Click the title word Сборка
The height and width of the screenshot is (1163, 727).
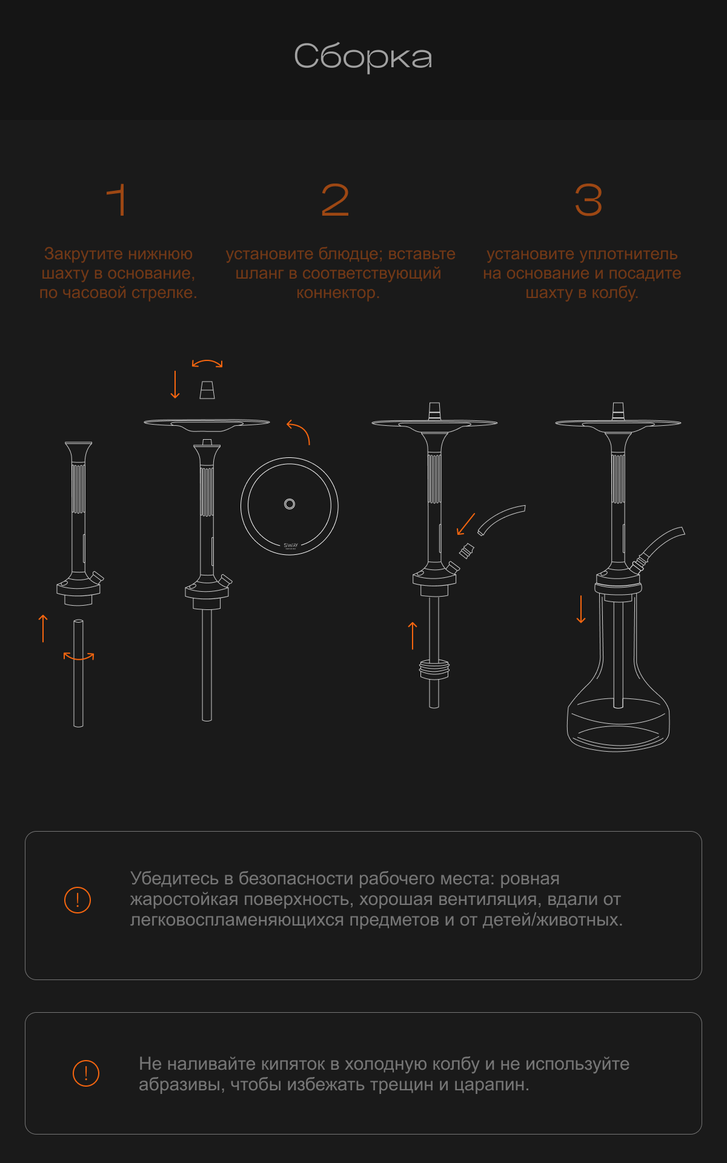pyautogui.click(x=363, y=57)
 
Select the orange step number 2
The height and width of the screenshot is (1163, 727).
pyautogui.click(x=336, y=200)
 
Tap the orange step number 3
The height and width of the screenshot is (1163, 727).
pyautogui.click(x=588, y=200)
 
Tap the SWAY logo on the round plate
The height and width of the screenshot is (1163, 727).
pyautogui.click(x=291, y=546)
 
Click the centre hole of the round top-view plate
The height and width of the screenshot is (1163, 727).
pyautogui.click(x=290, y=504)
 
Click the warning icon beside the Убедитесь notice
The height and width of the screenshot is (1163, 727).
pyautogui.click(x=78, y=900)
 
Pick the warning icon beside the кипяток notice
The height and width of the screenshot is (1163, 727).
pyautogui.click(x=86, y=1073)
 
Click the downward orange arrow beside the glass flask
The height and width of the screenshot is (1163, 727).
pyautogui.click(x=581, y=609)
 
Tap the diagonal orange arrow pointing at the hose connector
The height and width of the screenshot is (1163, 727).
pyautogui.click(x=465, y=524)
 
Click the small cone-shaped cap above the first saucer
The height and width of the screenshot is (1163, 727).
pyautogui.click(x=207, y=390)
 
